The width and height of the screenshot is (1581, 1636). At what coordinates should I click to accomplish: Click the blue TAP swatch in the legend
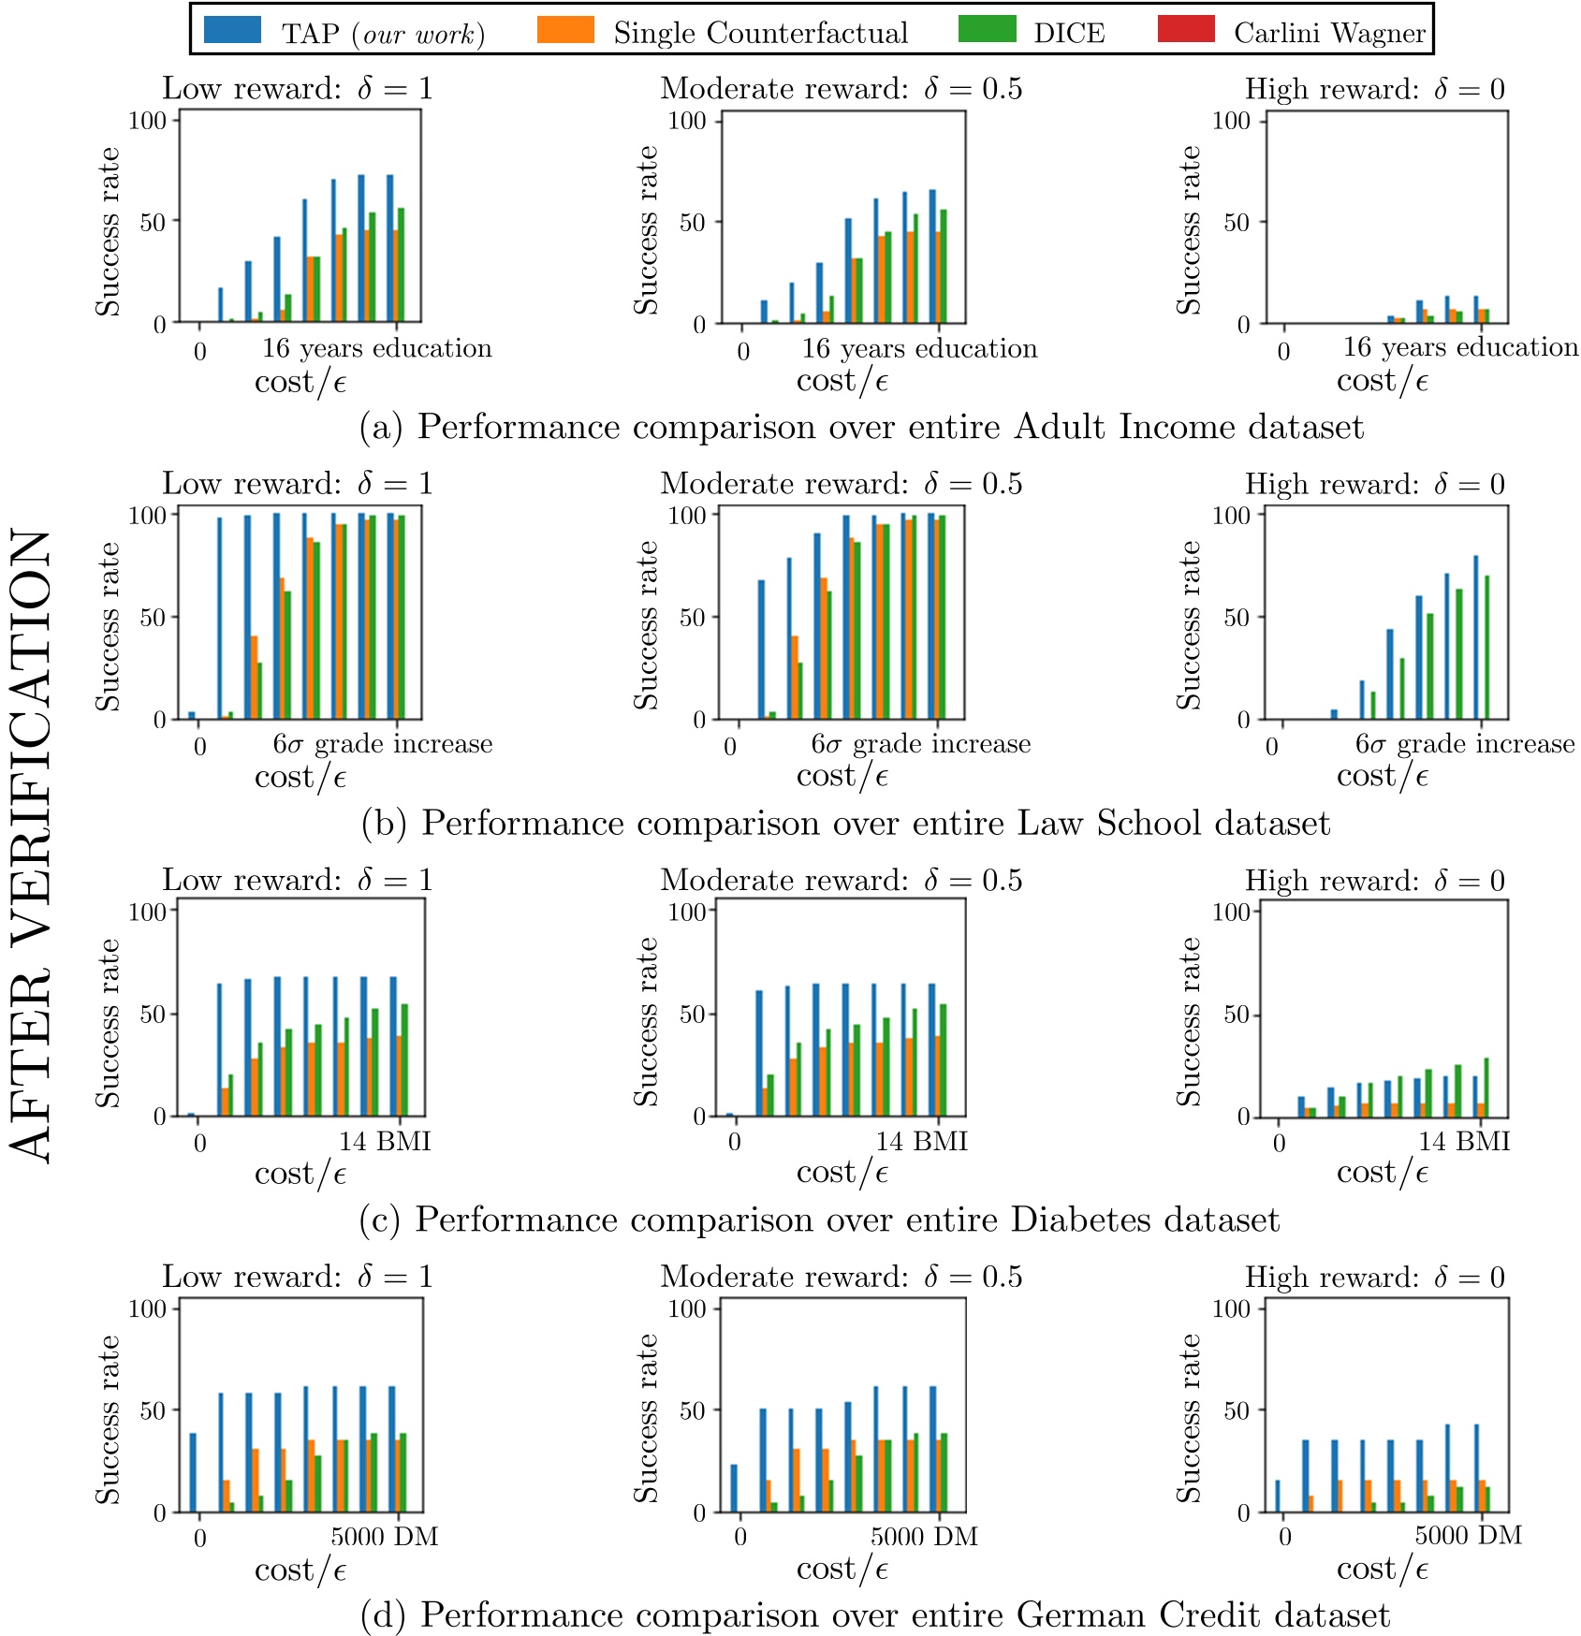pyautogui.click(x=231, y=29)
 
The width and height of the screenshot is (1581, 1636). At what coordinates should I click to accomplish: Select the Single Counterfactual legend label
pyautogui.click(x=760, y=34)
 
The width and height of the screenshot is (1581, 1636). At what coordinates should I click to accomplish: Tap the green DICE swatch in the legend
pyautogui.click(x=987, y=29)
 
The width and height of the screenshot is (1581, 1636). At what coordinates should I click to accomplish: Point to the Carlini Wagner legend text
pyautogui.click(x=1329, y=34)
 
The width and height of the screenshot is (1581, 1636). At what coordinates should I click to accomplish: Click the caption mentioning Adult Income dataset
pyautogui.click(x=861, y=427)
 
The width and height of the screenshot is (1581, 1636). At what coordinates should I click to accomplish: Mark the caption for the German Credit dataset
pyautogui.click(x=875, y=1615)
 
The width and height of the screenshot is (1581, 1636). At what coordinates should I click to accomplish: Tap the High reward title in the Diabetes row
pyautogui.click(x=1374, y=881)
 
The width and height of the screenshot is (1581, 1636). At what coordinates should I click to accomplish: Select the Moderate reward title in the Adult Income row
pyautogui.click(x=841, y=89)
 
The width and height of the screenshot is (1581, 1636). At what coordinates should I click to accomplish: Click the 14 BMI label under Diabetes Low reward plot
pyautogui.click(x=385, y=1141)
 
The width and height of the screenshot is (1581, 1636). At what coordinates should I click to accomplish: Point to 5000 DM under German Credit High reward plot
pyautogui.click(x=1468, y=1536)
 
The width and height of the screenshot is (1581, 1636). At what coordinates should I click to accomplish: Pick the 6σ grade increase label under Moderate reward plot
pyautogui.click(x=920, y=744)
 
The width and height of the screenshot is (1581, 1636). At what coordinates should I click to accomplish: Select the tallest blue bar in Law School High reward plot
pyautogui.click(x=1476, y=636)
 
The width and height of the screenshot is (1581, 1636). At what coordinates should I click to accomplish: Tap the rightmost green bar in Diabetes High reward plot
pyautogui.click(x=1486, y=1087)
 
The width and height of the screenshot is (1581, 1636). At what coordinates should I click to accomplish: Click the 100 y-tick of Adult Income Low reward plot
pyautogui.click(x=147, y=120)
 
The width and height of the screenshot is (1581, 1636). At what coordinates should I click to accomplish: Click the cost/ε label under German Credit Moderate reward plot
pyautogui.click(x=842, y=1570)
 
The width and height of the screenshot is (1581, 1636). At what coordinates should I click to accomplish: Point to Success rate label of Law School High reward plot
pyautogui.click(x=1189, y=625)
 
